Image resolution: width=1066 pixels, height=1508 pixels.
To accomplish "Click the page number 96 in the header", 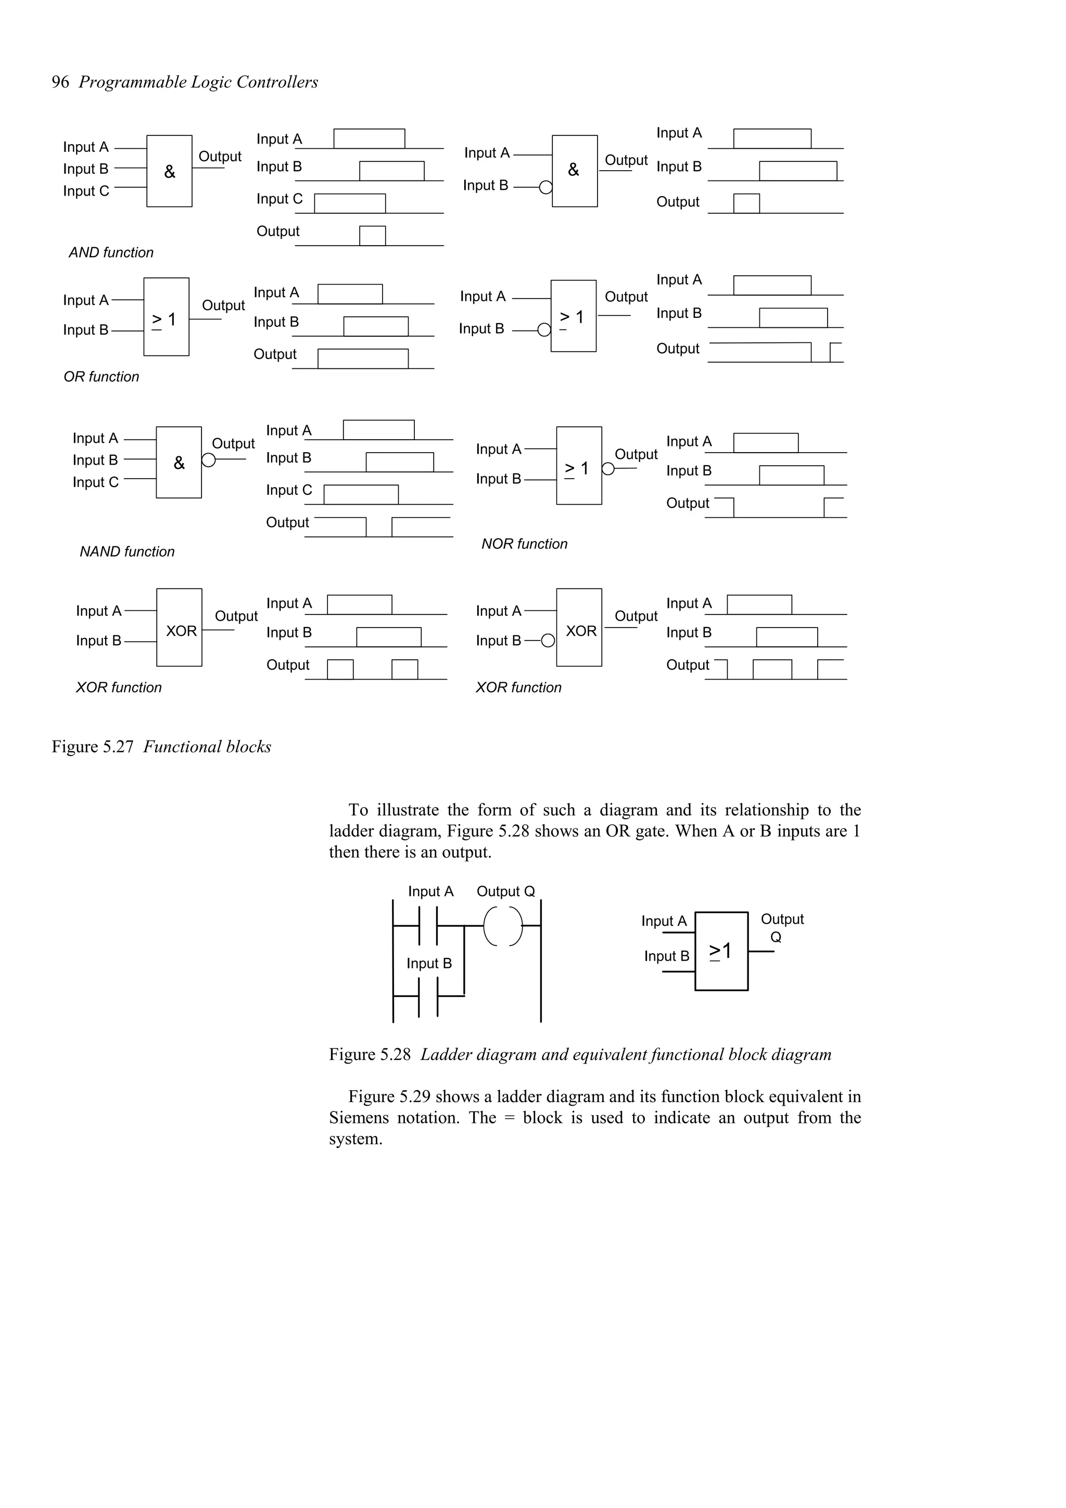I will (x=60, y=82).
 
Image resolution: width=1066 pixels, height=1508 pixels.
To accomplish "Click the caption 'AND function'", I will (x=111, y=253).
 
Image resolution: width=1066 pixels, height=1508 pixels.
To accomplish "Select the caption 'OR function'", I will (x=101, y=377).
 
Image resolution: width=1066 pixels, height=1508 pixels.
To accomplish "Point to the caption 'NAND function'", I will (x=127, y=552).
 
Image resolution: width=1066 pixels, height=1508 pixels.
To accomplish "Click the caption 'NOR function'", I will (x=524, y=544).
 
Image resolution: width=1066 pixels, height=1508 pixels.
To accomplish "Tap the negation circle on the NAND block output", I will (x=208, y=460).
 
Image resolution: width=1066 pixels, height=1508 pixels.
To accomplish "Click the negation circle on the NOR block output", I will (x=608, y=469).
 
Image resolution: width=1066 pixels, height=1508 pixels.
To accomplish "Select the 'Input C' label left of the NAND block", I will (x=96, y=482).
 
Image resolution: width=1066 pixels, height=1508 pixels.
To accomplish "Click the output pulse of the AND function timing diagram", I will (x=372, y=236).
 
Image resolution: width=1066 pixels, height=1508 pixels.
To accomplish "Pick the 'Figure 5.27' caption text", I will (x=93, y=747).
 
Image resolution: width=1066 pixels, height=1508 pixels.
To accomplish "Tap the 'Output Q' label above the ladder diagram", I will (x=506, y=891).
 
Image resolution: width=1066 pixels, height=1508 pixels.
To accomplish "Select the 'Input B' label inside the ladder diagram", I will (x=429, y=964).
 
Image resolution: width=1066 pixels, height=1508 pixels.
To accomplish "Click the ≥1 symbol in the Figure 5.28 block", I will (x=720, y=951).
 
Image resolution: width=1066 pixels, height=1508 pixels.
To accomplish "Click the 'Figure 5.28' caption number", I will (x=370, y=1054).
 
